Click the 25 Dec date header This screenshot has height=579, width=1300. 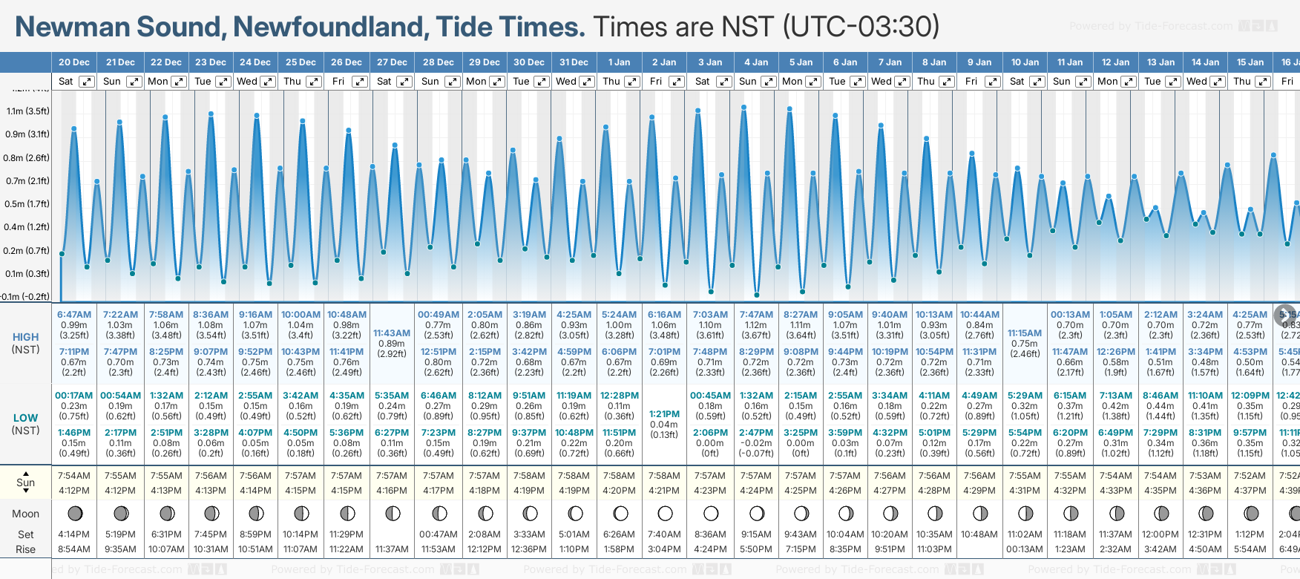point(301,62)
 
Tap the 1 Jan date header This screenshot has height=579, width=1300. point(619,62)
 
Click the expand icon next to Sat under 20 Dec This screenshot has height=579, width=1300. point(87,82)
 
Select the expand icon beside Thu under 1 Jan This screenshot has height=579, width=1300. point(631,82)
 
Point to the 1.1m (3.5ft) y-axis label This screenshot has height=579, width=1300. point(27,111)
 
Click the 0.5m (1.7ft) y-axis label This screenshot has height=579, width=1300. point(27,204)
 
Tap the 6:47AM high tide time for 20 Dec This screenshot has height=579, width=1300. point(74,315)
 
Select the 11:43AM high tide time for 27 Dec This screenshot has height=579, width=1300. point(392,333)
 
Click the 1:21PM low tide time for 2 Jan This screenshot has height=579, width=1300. point(664,414)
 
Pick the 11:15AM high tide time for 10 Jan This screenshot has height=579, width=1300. point(1025,333)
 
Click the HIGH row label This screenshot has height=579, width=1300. point(26,337)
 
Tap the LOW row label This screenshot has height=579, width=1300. point(26,418)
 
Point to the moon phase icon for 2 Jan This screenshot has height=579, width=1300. point(665,513)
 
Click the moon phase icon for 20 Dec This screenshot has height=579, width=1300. point(74,513)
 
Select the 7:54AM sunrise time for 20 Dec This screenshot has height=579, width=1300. point(74,476)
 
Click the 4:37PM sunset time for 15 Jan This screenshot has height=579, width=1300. point(1250,491)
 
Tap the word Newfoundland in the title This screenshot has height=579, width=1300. point(330,27)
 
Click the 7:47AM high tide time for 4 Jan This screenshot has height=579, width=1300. point(756,315)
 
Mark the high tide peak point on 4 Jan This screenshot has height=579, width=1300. point(743,108)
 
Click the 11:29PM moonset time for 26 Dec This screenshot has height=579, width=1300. point(347,534)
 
